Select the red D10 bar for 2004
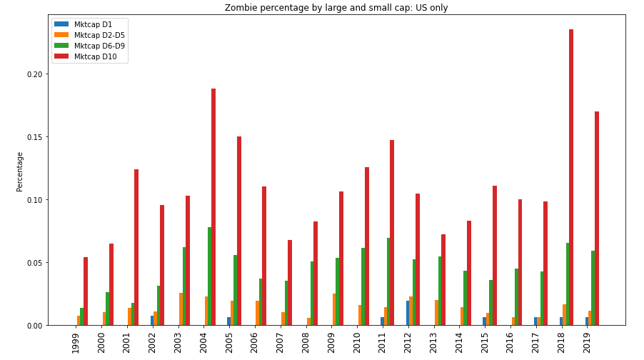coord(213,207)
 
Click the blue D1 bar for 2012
coord(408,313)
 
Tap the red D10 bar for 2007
coord(290,283)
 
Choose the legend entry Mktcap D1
coord(93,24)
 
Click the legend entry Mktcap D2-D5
coord(99,35)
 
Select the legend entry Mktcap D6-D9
coord(99,46)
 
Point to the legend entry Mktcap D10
coord(95,56)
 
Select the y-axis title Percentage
coord(20,171)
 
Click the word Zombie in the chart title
coord(240,8)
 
